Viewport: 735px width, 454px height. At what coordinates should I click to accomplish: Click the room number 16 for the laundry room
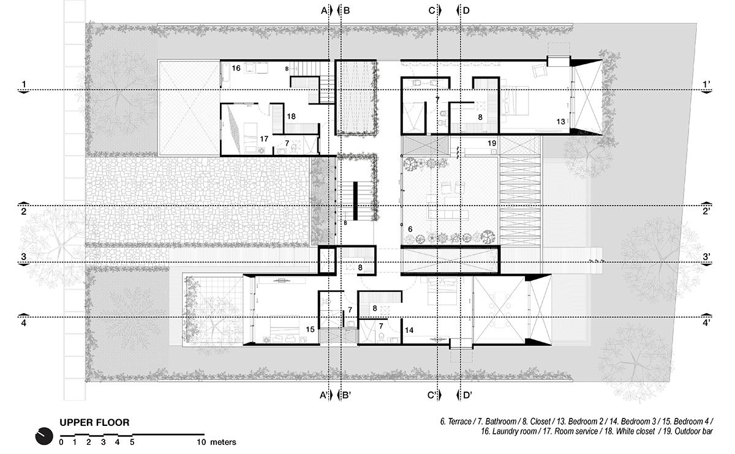[236, 69]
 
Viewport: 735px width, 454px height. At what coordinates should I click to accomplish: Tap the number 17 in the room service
[264, 139]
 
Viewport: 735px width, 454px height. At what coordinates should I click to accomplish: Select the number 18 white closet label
[292, 116]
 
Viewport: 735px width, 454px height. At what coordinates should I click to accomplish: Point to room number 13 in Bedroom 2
[560, 122]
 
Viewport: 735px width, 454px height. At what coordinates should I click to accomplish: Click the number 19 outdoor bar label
[491, 143]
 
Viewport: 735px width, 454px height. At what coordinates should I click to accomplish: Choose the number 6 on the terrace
[410, 228]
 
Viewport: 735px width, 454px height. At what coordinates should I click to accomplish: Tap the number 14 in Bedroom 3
[409, 330]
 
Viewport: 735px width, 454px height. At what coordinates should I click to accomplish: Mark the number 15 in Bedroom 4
[311, 330]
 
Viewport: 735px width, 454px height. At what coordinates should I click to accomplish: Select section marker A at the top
[324, 10]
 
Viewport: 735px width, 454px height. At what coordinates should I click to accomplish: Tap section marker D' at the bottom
[467, 395]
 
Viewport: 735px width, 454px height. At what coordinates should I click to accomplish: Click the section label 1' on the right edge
[708, 84]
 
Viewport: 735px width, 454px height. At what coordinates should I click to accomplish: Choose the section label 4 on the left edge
[23, 322]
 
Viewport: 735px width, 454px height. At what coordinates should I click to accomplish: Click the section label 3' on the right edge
[707, 257]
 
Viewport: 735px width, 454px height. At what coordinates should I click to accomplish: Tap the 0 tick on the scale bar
[61, 441]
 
